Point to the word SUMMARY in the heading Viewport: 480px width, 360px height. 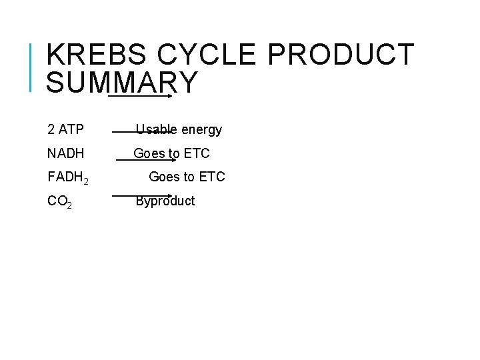tap(123, 82)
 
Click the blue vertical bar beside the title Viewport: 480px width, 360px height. tap(31, 66)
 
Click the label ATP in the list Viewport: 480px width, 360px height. tap(71, 129)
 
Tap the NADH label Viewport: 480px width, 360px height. tap(66, 153)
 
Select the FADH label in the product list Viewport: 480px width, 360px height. tap(65, 177)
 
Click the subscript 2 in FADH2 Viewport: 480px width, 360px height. tap(86, 180)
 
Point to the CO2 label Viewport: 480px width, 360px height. tap(60, 201)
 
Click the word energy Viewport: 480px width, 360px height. tap(201, 129)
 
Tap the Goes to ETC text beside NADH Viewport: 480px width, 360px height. tap(171, 153)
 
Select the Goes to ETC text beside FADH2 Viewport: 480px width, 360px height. tap(187, 177)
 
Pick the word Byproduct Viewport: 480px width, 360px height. tap(165, 201)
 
